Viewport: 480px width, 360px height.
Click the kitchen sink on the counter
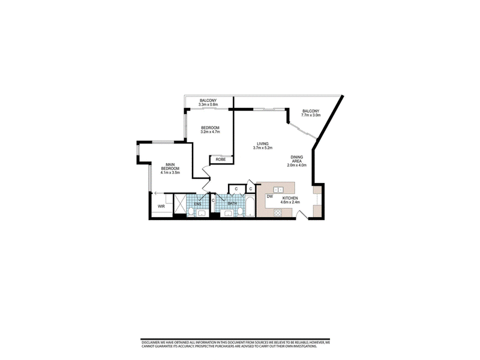tap(278, 190)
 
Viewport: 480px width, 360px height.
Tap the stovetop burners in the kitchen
tap(278, 213)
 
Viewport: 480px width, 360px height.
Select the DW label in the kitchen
tap(269, 197)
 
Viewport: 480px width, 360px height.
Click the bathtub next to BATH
tap(250, 207)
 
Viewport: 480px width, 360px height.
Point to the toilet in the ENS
tap(191, 212)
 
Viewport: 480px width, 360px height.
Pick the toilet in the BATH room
tap(240, 212)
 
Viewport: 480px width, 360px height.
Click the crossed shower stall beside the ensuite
tap(180, 204)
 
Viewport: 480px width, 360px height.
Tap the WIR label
tap(161, 206)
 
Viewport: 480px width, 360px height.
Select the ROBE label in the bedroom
tap(221, 160)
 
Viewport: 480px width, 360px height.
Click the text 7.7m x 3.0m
tap(311, 115)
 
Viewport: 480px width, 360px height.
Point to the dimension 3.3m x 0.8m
tap(208, 104)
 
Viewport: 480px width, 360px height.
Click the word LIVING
tap(263, 143)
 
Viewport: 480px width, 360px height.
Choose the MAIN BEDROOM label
tap(170, 167)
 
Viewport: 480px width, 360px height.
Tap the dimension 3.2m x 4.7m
tap(211, 132)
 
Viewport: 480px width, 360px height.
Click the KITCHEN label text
tap(290, 199)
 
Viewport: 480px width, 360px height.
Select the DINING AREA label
tap(297, 159)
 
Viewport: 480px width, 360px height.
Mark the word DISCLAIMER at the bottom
tap(149, 343)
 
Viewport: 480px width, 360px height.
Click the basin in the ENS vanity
tap(202, 214)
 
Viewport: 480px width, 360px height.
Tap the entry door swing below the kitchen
tap(303, 215)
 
